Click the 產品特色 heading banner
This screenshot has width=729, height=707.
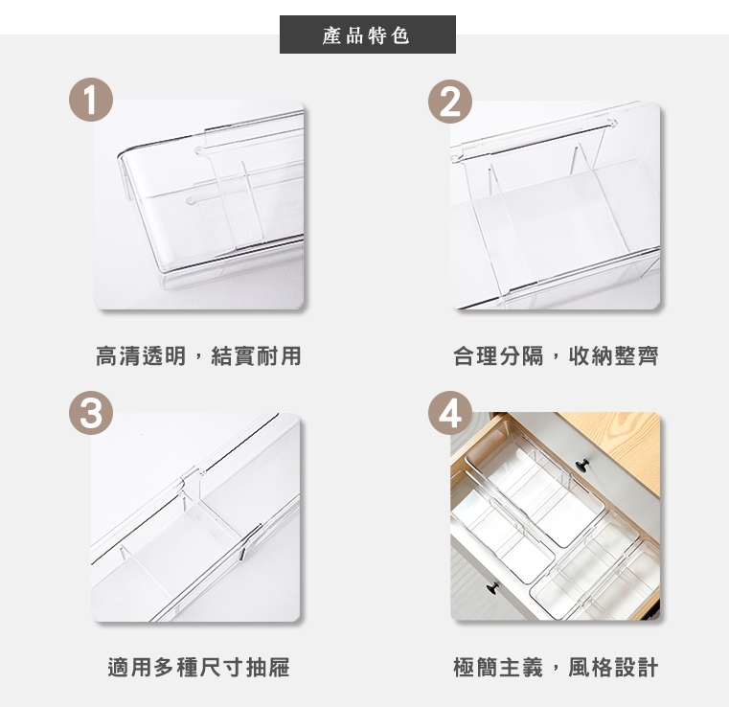367,34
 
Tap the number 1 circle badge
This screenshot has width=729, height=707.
91,100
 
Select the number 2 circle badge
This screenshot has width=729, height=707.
450,102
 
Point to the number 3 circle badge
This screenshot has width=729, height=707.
91,413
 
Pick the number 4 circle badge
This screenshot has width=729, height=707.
450,413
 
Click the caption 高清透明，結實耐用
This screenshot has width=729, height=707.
198,356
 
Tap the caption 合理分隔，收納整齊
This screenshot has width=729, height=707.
556,356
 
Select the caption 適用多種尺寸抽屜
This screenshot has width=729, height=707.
198,668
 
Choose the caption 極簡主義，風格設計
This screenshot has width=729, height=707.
556,668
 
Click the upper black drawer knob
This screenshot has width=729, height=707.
582,464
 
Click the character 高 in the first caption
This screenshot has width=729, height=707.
107,356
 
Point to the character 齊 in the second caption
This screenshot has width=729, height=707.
648,356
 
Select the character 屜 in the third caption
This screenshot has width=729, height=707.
279,668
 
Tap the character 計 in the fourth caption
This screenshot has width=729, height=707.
648,668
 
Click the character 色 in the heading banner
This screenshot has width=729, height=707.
400,35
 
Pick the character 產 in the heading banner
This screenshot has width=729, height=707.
332,35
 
